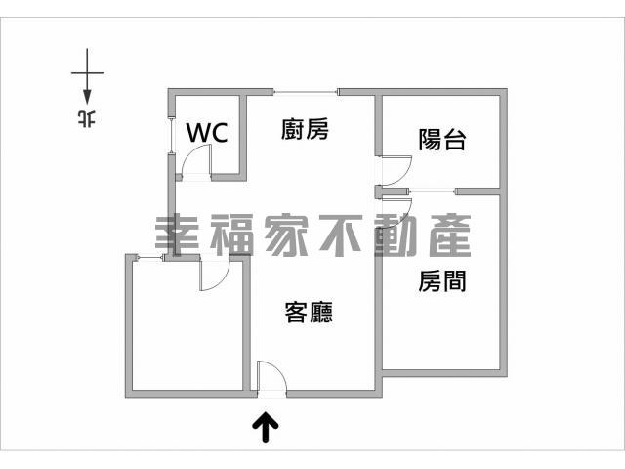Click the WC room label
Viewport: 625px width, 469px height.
207,133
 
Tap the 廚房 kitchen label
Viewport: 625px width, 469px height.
305,129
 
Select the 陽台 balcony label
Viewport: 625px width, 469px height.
442,139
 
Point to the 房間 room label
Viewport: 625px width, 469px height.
442,280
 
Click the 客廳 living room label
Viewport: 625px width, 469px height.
309,312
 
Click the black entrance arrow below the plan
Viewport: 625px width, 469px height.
266,427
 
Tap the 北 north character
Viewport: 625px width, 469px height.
87,118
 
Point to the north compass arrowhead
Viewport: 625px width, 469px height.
87,98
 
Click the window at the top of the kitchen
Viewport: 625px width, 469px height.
306,92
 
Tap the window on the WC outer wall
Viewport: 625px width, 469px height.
172,135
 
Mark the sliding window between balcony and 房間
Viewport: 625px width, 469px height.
433,192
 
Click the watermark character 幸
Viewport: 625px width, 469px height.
177,235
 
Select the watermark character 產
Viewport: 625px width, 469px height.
450,235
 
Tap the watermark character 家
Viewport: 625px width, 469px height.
286,235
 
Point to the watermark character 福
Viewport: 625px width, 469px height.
231,235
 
